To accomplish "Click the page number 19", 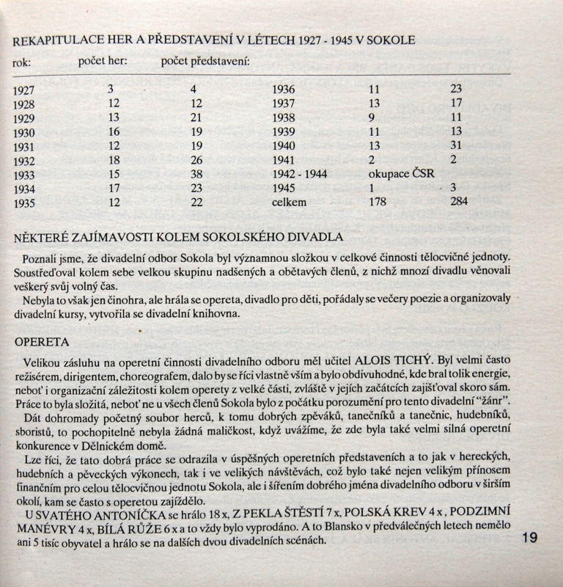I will click(530, 538).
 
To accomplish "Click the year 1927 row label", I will click(26, 90).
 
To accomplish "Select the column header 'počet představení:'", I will click(205, 62).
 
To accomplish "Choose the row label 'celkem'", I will click(290, 202).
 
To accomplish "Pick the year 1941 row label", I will click(284, 160).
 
